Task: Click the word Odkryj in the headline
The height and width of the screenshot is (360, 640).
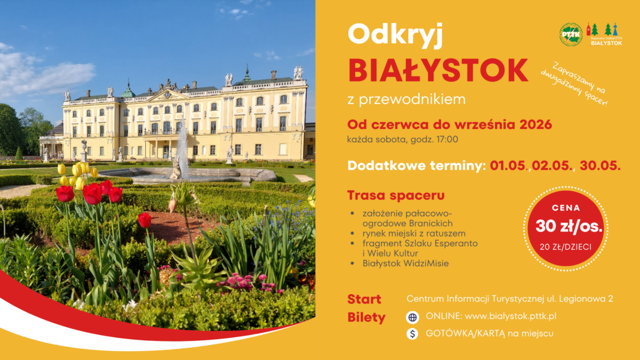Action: (x=395, y=35)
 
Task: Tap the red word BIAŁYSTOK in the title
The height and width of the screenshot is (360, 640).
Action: (x=438, y=70)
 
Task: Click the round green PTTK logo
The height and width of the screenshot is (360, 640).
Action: (x=571, y=35)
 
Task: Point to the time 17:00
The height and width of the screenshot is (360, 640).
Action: (x=447, y=139)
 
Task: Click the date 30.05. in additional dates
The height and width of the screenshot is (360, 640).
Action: (x=600, y=166)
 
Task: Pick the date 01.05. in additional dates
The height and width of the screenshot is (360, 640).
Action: (x=509, y=166)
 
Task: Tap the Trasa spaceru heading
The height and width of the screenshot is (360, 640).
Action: (x=396, y=195)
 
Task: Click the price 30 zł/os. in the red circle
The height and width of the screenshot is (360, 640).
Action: (x=569, y=226)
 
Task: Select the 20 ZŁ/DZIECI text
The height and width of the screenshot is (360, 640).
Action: (x=565, y=247)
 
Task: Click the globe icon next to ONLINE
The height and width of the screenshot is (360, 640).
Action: (x=412, y=317)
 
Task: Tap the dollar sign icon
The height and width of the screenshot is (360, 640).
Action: (x=412, y=334)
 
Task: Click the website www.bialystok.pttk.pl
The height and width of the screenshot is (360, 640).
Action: (x=510, y=316)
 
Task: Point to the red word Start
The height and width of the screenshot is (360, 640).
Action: (x=364, y=299)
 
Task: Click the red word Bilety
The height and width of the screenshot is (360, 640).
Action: (x=366, y=317)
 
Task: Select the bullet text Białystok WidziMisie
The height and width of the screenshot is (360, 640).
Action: (x=406, y=263)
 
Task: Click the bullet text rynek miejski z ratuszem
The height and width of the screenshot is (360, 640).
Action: (x=414, y=234)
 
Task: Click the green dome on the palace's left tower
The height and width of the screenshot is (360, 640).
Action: (x=127, y=91)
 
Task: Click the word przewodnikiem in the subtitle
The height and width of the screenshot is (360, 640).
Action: (x=412, y=100)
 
